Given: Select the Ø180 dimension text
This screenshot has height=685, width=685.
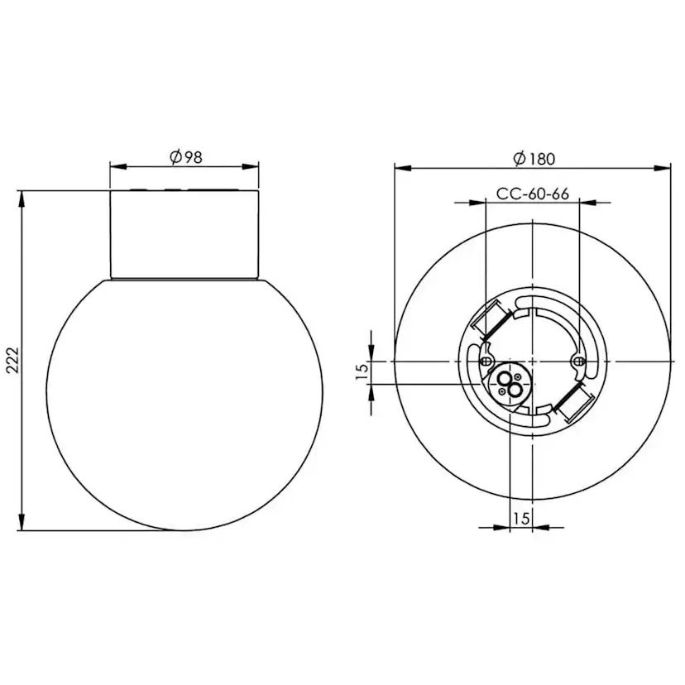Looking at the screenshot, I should click(x=534, y=158).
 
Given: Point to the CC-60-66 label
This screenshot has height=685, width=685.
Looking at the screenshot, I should click(x=533, y=194).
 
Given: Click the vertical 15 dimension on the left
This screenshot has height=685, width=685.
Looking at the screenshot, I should click(x=361, y=372).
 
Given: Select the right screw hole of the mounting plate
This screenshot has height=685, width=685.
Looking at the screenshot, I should click(x=579, y=362).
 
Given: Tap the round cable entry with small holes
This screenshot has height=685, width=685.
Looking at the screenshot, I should click(x=507, y=381).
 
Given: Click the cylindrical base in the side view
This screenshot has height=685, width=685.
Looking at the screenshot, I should click(x=184, y=234).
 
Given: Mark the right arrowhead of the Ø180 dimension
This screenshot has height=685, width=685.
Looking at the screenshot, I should click(x=662, y=168).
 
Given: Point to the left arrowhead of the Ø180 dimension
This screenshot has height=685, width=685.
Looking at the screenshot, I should click(x=403, y=168).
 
